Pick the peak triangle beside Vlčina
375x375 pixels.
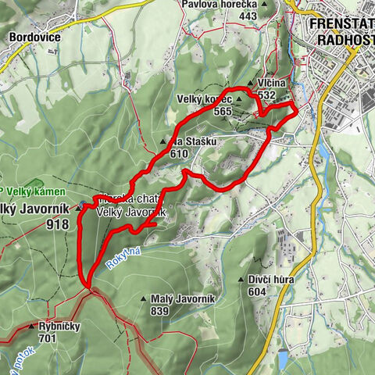tap(249, 84)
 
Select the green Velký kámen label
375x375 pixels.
tap(30, 192)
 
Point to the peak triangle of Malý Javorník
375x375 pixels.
tap(144, 298)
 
